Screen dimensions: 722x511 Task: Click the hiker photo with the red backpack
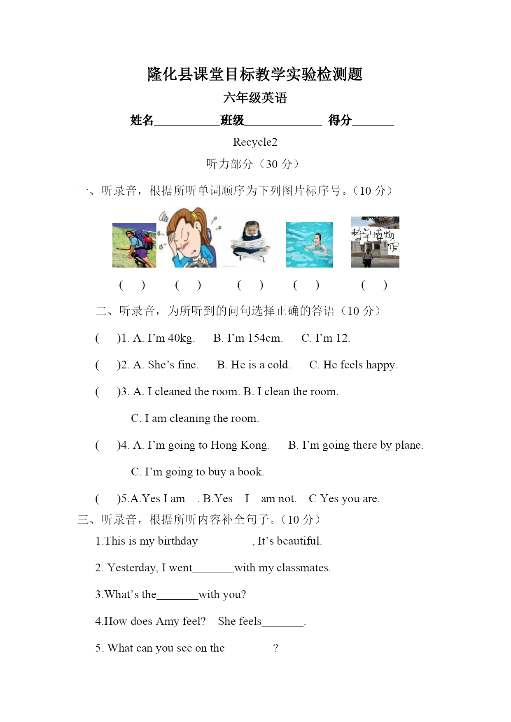134,245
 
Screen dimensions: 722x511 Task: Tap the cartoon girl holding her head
190,238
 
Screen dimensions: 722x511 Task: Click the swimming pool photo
309,245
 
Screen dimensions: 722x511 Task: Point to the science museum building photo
375,242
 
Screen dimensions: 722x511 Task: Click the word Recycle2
255,142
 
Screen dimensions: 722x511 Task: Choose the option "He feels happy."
360,365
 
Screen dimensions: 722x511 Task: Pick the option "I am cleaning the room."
202,419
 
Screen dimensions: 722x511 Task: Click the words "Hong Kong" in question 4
240,445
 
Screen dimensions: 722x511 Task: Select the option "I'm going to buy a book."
204,472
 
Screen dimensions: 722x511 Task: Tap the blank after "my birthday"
225,542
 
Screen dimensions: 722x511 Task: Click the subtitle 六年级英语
255,98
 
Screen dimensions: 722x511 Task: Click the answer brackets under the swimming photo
306,285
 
